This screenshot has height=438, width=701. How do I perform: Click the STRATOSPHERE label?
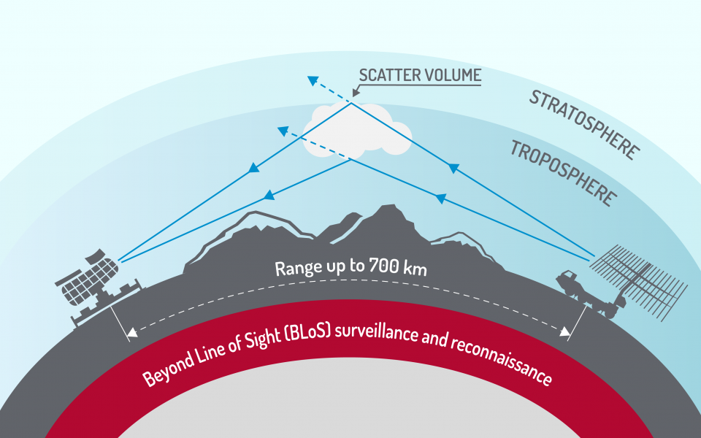coord(585,125)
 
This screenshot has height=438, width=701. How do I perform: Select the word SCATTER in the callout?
coord(390,75)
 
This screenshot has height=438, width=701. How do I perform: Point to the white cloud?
coord(357,131)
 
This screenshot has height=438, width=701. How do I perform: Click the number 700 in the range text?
coord(384,266)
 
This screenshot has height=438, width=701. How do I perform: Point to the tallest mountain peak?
coord(388,208)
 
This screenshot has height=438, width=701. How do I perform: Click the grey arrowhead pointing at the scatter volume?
coord(356,93)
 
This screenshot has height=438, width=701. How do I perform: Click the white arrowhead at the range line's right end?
coord(565,331)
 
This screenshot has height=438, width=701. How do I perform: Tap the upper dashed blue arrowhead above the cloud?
coord(313,80)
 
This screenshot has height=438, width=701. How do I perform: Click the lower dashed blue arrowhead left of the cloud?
coord(283,131)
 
